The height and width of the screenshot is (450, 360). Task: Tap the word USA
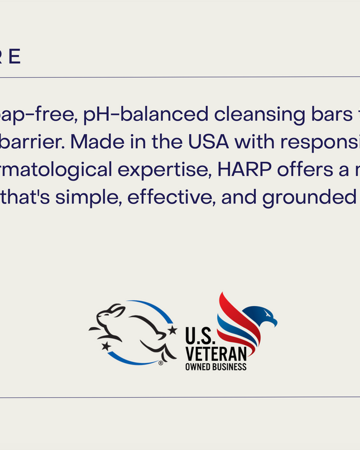click(x=209, y=142)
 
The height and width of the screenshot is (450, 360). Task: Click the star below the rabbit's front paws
click(x=106, y=346)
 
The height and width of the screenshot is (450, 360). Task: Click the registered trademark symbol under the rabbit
click(x=161, y=362)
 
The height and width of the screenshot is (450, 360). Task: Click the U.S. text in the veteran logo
click(x=198, y=336)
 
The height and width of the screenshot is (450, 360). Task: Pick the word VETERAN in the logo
click(x=215, y=354)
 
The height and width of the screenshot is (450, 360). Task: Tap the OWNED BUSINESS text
click(x=215, y=366)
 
